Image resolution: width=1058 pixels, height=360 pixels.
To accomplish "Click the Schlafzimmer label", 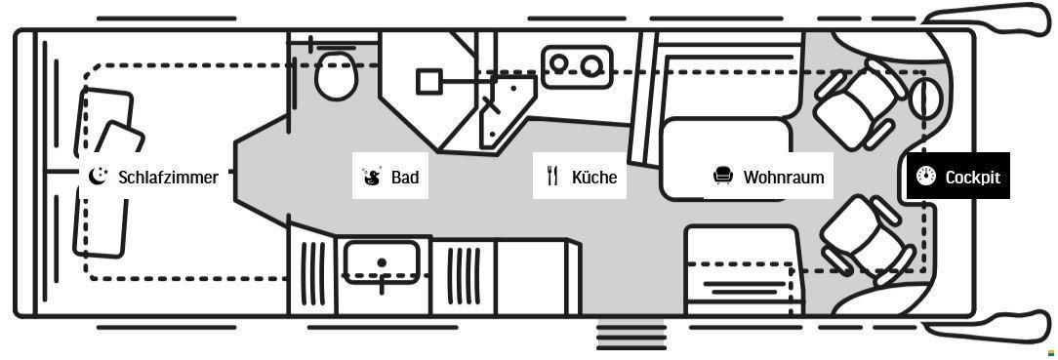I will click(x=167, y=177).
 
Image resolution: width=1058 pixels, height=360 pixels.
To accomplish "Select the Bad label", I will click(x=404, y=177).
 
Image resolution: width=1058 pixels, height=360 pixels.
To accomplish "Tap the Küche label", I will click(x=593, y=177).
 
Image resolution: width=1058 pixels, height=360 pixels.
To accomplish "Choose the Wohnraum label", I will click(x=783, y=177).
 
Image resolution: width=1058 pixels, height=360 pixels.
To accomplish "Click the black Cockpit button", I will click(x=957, y=177).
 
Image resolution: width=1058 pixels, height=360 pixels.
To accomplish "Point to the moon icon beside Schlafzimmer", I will click(x=98, y=176).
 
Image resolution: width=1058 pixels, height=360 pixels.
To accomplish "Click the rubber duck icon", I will click(x=371, y=177).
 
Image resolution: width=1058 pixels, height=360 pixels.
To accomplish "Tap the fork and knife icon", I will click(x=552, y=176).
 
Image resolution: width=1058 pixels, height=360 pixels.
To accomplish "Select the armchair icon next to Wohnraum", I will click(x=722, y=176).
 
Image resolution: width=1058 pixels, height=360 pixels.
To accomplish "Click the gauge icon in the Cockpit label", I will click(x=926, y=176).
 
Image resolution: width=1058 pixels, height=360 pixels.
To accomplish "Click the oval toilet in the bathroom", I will click(x=336, y=75).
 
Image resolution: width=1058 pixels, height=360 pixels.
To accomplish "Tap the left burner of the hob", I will click(x=560, y=64).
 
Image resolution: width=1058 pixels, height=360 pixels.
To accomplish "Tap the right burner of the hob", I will click(x=591, y=64).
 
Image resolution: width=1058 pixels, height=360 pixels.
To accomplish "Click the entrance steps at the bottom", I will click(x=631, y=334).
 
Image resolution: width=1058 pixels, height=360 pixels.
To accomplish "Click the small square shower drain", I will click(x=428, y=81).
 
